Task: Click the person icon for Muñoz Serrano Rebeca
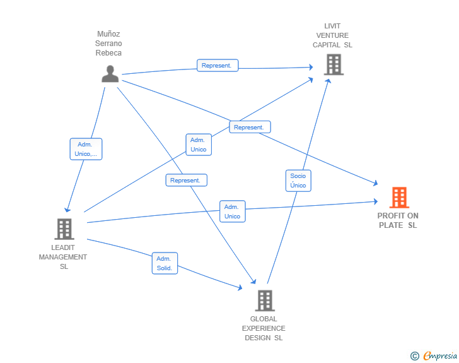click(110, 74)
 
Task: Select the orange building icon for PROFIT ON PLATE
click(399, 198)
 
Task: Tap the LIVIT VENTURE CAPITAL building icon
click(334, 64)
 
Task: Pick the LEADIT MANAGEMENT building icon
click(64, 229)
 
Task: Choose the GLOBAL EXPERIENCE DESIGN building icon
click(265, 301)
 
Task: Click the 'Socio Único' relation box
click(298, 181)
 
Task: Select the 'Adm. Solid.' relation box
click(165, 263)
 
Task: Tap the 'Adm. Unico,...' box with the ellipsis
click(86, 149)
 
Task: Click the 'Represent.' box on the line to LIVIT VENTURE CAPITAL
click(218, 66)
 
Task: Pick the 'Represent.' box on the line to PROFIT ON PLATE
click(250, 127)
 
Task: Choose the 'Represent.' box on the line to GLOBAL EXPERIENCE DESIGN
click(187, 180)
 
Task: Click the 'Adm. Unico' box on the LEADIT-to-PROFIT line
click(233, 211)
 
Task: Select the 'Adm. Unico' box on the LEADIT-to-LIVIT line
click(199, 145)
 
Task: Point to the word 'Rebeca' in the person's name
click(108, 53)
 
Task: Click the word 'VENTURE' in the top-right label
click(332, 35)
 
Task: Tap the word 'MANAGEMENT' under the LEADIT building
click(63, 257)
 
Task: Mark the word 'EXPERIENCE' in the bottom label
click(264, 328)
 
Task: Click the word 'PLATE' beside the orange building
click(391, 225)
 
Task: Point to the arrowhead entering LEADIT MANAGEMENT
click(67, 210)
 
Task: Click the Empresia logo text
click(440, 355)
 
